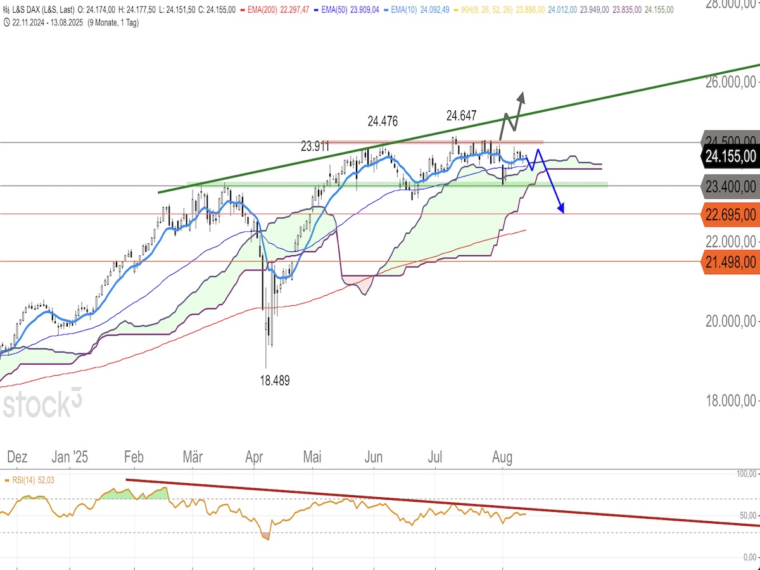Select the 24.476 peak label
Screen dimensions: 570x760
pos(383,121)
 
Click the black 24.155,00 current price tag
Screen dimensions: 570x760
pos(730,156)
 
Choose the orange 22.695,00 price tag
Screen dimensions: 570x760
pos(730,214)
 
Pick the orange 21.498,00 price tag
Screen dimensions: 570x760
pos(730,262)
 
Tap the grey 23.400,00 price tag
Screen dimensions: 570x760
pos(730,186)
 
